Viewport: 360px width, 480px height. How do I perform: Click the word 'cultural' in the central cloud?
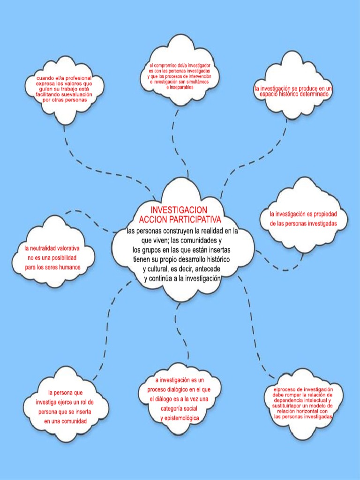tap(155, 269)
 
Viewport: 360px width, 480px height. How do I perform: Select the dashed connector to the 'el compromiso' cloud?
tap(175, 136)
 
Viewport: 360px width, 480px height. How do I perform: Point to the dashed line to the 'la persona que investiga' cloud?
tap(109, 328)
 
